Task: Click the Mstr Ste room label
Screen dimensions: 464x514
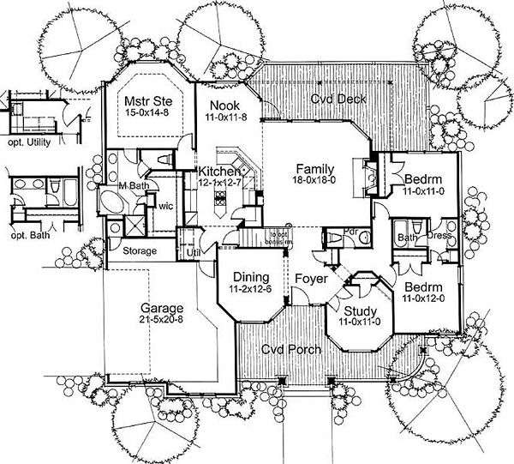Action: pos(145,99)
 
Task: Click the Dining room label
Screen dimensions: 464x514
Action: pos(249,277)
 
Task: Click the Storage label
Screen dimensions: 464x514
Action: pos(139,251)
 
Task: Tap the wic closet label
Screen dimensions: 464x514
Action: pos(166,205)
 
